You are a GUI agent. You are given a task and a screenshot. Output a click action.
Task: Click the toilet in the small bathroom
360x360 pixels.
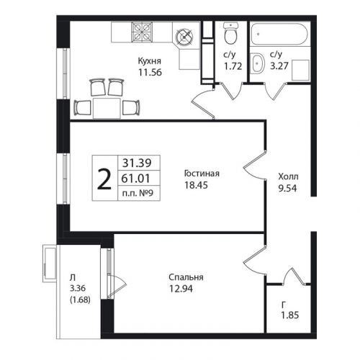230,33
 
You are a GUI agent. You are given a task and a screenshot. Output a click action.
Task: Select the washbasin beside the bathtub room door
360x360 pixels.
257,63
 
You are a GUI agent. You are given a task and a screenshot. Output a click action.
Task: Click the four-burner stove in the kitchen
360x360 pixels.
142,32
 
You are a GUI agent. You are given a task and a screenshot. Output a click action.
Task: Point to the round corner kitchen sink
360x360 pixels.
184,37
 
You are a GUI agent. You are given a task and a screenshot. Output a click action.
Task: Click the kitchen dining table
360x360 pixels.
107,108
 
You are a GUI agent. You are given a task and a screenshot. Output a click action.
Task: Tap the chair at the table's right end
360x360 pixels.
131,107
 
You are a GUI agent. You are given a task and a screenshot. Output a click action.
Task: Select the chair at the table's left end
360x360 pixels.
82,107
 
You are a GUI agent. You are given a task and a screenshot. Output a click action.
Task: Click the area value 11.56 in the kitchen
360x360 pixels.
150,72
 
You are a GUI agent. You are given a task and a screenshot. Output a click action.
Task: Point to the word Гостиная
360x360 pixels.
202,174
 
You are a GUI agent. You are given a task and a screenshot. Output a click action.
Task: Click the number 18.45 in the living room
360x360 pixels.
196,185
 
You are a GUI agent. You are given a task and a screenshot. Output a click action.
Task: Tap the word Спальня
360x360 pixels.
186,277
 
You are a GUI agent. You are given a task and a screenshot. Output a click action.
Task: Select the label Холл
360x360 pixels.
288,176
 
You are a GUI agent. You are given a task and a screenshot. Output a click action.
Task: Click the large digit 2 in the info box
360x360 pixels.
104,179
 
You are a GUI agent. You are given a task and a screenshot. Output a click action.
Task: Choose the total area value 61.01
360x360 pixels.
135,179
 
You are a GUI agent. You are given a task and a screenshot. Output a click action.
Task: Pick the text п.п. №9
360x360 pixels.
138,193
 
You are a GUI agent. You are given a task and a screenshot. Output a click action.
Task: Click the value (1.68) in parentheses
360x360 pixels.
80,300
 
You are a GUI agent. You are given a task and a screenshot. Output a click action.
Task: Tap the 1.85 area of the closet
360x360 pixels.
290,315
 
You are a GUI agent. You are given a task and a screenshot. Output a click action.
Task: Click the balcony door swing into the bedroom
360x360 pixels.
117,287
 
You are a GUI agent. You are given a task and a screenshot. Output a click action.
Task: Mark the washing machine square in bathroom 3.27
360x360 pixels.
300,70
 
